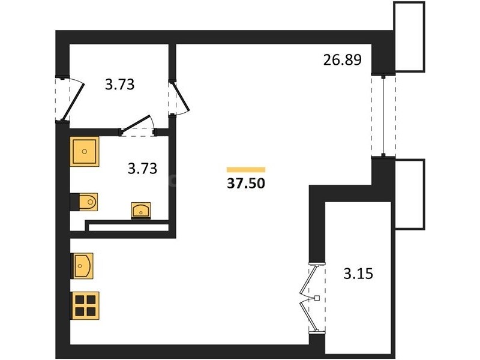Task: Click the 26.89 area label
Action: [x=342, y=59]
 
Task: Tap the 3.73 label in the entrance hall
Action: [x=119, y=85]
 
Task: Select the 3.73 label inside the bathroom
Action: [x=142, y=169]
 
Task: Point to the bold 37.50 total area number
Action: [x=246, y=184]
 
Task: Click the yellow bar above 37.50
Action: [x=246, y=170]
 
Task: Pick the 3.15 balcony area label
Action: [x=358, y=274]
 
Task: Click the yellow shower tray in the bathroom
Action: [x=85, y=152]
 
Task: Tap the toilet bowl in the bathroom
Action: [x=88, y=202]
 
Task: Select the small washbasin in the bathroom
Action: [x=141, y=211]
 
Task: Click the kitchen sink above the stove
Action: [x=83, y=266]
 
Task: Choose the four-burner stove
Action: [x=85, y=305]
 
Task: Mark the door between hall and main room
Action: [x=181, y=97]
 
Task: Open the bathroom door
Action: [x=136, y=125]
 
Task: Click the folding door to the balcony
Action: [x=308, y=298]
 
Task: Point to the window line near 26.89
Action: [x=383, y=116]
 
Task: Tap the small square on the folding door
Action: [x=317, y=298]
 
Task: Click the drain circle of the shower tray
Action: [x=85, y=151]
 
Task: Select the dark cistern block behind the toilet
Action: [x=74, y=202]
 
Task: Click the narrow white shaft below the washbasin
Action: [x=128, y=228]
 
